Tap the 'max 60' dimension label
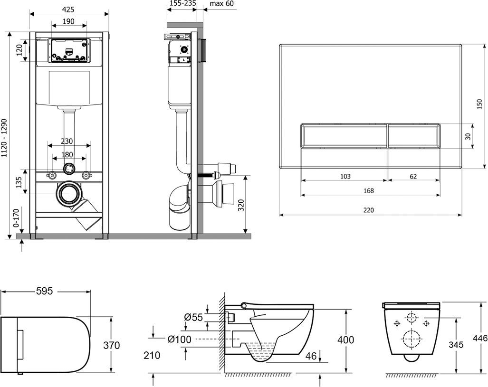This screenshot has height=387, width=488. tap(222, 4)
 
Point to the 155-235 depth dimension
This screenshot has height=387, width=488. tap(182, 4)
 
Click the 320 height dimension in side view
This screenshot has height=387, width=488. tap(241, 205)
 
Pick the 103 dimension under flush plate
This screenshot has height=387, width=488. tap(345, 176)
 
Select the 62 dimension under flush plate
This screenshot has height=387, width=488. tap(413, 176)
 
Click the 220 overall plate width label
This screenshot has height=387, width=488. tap(369, 210)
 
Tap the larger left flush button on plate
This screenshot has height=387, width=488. tap(344, 136)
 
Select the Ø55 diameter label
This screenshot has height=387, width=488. tap(193, 317)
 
